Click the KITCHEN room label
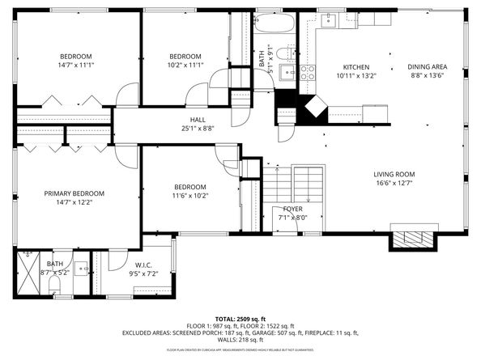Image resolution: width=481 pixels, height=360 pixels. click(356, 67)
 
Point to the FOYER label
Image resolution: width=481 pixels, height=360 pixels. click(293, 209)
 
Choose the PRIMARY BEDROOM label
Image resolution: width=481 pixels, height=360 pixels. click(74, 193)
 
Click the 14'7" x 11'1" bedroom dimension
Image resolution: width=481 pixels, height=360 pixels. click(74, 66)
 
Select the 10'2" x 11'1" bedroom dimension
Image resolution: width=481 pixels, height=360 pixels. click(185, 66)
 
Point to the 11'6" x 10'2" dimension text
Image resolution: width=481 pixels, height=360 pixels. click(189, 195)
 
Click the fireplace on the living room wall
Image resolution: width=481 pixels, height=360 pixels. click(414, 237)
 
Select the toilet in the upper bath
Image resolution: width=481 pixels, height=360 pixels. click(283, 53)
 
